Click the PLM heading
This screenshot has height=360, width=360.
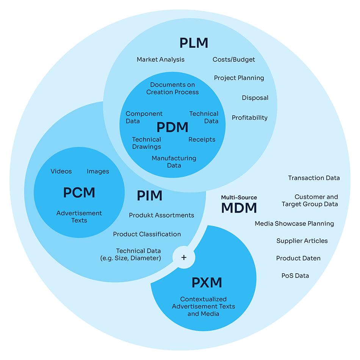click(194, 43)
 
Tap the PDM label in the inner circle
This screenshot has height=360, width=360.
click(172, 127)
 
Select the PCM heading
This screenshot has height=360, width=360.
click(79, 193)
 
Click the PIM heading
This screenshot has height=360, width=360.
click(149, 196)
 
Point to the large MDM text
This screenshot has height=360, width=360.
click(239, 208)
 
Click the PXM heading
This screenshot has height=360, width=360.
click(207, 282)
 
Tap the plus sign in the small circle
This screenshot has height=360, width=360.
click(184, 257)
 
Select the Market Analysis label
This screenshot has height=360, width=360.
click(160, 59)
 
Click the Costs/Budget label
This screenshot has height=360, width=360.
click(233, 59)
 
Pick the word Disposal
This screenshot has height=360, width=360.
click(255, 98)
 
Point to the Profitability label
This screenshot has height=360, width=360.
click(249, 117)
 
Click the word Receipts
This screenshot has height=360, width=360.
click(202, 139)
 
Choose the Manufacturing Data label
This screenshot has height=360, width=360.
click(174, 161)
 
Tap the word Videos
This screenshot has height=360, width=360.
click(61, 171)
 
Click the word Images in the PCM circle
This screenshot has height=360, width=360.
click(98, 171)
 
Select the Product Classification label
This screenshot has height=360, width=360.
click(147, 234)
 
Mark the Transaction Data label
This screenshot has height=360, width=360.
click(314, 178)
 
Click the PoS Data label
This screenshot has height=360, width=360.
click(295, 275)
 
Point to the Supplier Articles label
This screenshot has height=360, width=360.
click(302, 241)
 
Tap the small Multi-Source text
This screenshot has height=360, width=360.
click(239, 197)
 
